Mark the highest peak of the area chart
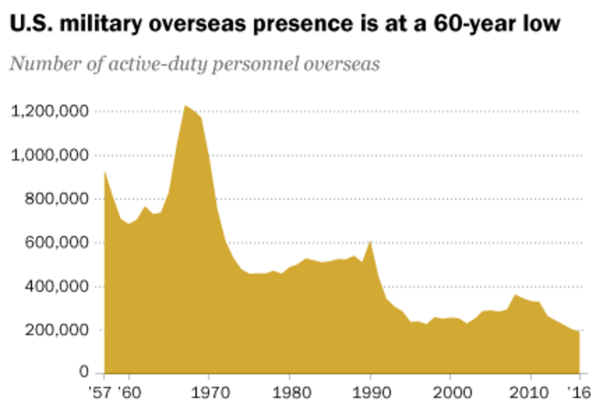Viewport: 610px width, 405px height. point(186,106)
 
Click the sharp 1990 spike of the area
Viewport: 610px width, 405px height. point(370,242)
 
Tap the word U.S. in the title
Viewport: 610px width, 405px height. point(28,25)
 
